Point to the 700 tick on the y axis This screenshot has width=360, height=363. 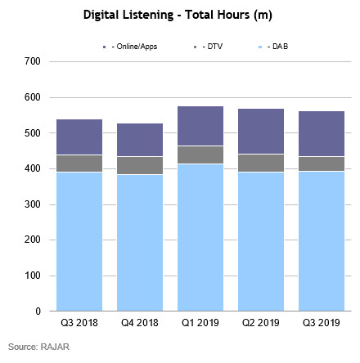(x=34, y=61)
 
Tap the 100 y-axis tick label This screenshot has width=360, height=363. (x=34, y=276)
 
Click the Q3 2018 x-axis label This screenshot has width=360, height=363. (x=79, y=323)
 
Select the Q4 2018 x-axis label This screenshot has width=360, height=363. (x=139, y=323)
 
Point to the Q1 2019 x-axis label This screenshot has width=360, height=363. (x=200, y=323)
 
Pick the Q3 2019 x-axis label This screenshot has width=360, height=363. (x=320, y=323)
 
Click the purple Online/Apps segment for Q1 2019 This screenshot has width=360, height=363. (x=200, y=126)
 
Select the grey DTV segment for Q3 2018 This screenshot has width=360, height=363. (x=79, y=164)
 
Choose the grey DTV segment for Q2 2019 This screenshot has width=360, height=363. (x=260, y=163)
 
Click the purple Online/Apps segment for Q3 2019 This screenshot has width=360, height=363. (x=320, y=133)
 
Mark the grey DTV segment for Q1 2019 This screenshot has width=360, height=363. (x=200, y=155)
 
